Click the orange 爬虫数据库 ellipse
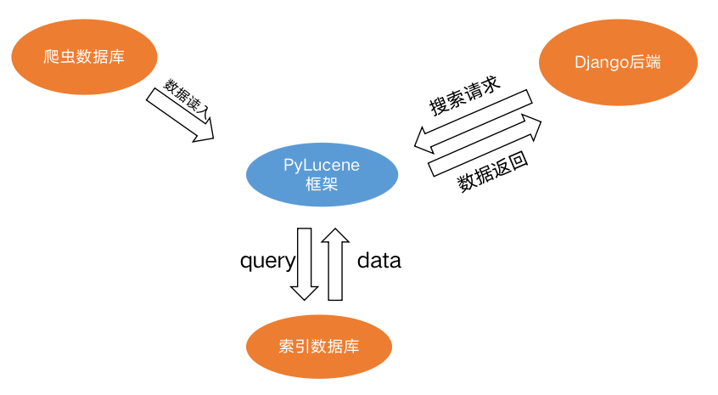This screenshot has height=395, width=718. pyautogui.click(x=85, y=57)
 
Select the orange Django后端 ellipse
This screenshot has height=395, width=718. pyautogui.click(x=618, y=62)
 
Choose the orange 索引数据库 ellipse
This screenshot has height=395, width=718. pyautogui.click(x=318, y=347)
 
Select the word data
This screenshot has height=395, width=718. pyautogui.click(x=379, y=261)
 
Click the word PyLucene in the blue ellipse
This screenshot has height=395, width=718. pyautogui.click(x=321, y=166)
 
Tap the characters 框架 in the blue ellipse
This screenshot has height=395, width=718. pyautogui.click(x=321, y=184)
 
